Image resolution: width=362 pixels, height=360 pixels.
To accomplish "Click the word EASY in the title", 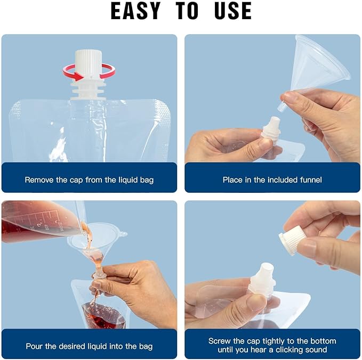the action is point(135,11).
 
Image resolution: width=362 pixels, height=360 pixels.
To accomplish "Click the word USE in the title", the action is point(232,11).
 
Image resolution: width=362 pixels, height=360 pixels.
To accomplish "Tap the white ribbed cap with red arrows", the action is point(89,62).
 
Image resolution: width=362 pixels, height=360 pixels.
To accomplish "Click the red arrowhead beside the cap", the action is point(78,76).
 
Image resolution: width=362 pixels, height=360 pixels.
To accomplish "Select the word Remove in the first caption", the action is point(39,179).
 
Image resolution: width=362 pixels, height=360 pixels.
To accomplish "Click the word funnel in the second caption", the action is point(311,179).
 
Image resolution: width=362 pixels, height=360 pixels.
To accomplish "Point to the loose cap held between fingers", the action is point(291,240).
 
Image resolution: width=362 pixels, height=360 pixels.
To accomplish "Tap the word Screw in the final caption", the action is point(220,341).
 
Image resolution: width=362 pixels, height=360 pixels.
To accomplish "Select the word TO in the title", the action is point(187,11).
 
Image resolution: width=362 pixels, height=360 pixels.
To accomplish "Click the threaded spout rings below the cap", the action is point(89,90).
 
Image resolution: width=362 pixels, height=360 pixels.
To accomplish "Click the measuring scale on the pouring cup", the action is point(44,222).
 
